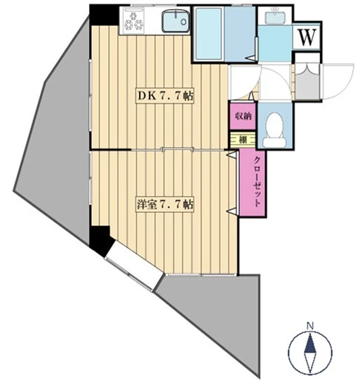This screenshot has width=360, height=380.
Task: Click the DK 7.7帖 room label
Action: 165,96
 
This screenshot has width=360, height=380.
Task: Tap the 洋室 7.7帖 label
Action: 165,205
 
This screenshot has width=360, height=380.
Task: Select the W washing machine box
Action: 307,37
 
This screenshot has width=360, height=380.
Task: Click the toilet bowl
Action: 274,131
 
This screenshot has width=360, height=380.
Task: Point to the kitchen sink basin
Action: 175,20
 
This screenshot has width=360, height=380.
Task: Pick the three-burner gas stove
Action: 133,20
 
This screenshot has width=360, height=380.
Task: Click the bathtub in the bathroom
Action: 208,34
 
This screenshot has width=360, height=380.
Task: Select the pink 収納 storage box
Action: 243,117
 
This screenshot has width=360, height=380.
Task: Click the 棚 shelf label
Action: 243,139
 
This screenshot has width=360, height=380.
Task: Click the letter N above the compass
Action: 309,325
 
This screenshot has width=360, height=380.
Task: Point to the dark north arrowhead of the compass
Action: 310,343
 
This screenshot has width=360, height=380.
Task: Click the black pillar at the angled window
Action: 100,240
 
